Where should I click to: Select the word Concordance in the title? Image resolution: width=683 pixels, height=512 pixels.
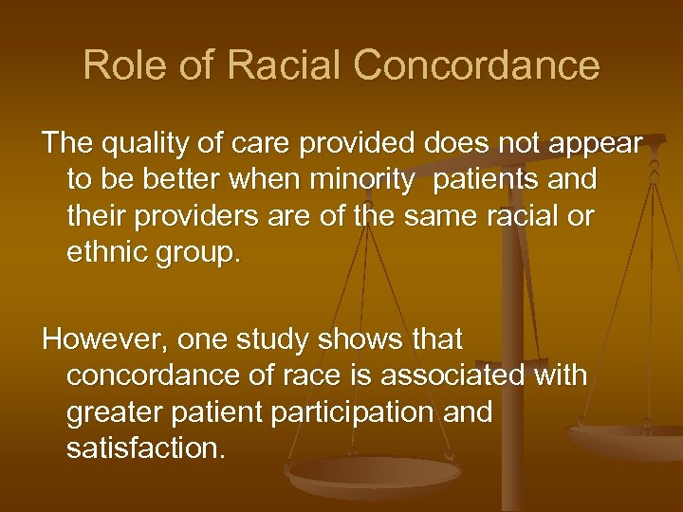point(476,65)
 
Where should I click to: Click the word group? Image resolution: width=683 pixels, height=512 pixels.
point(201,254)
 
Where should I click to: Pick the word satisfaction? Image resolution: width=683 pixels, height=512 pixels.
point(145,448)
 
